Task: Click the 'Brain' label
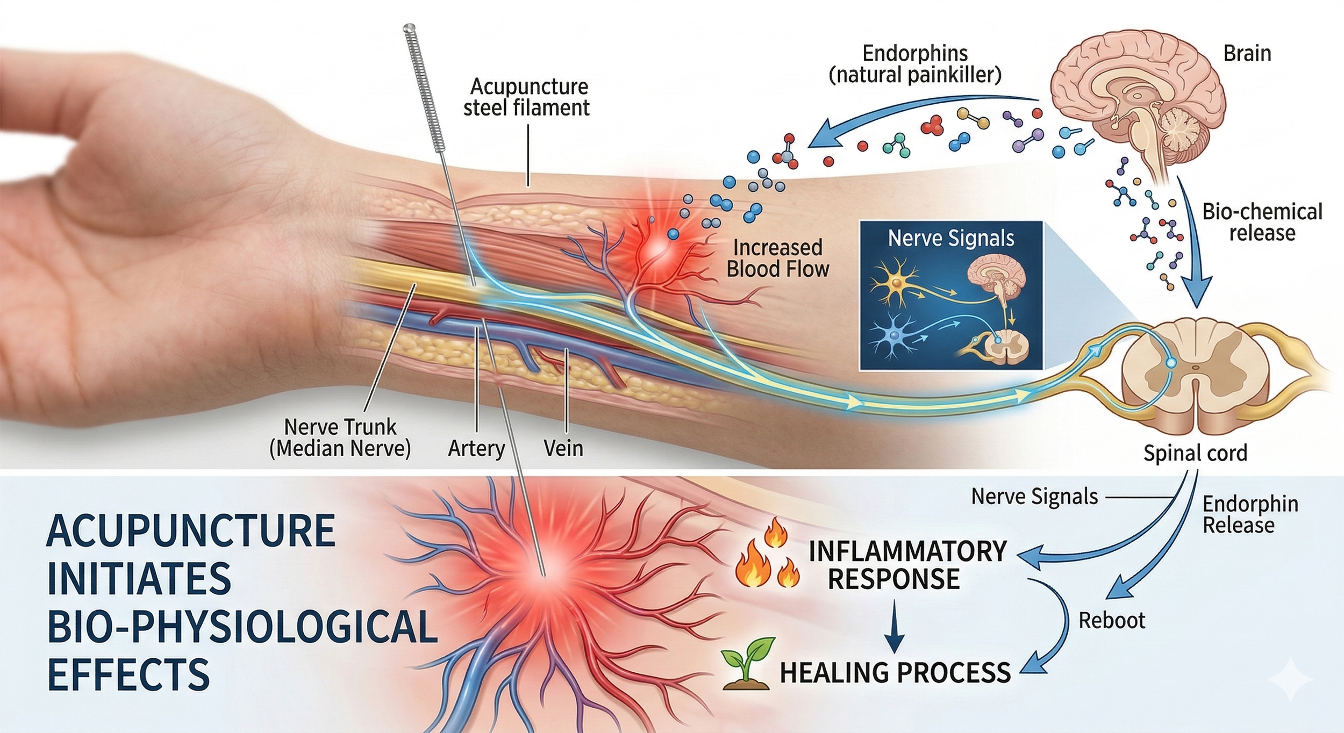tap(1247, 54)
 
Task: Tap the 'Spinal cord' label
tap(1195, 453)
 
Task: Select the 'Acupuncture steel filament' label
tap(526, 97)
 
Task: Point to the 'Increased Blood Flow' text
tap(777, 258)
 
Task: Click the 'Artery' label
tap(476, 448)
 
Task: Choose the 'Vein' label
tap(563, 448)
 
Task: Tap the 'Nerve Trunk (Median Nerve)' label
tap(340, 437)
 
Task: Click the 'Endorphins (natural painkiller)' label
tap(915, 64)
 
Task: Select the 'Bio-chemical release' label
tap(1262, 222)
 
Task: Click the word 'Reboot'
tap(1112, 621)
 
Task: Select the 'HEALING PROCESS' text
tap(895, 673)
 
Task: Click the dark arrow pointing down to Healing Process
tap(893, 626)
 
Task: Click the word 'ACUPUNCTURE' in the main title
tap(191, 531)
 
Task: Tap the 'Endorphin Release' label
tap(1250, 514)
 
